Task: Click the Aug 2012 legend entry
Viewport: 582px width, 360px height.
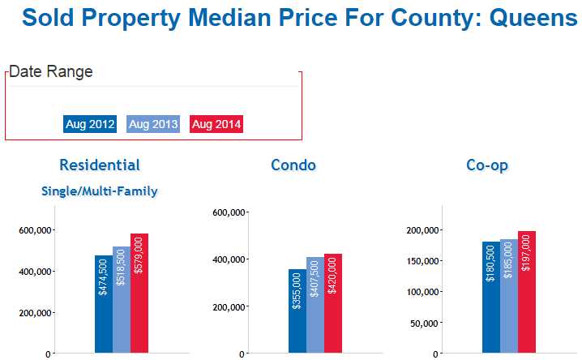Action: click(x=90, y=124)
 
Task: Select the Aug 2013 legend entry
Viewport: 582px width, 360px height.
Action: click(x=153, y=124)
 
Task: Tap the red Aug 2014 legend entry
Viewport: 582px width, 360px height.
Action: click(x=216, y=124)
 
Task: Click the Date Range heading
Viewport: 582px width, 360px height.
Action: click(x=50, y=71)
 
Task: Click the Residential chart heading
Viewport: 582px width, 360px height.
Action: click(x=100, y=165)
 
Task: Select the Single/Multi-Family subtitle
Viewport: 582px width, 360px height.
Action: click(x=100, y=191)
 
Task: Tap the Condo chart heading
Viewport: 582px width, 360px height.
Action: click(x=293, y=165)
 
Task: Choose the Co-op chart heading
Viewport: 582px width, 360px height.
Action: click(x=487, y=165)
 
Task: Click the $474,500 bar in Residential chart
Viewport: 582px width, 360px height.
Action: click(x=103, y=304)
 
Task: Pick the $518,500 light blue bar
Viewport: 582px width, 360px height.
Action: click(x=121, y=300)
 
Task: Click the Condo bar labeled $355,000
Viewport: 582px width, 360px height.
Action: click(x=297, y=311)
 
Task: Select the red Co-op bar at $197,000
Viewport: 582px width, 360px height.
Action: click(x=526, y=293)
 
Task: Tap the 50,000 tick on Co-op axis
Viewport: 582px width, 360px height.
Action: click(x=424, y=323)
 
